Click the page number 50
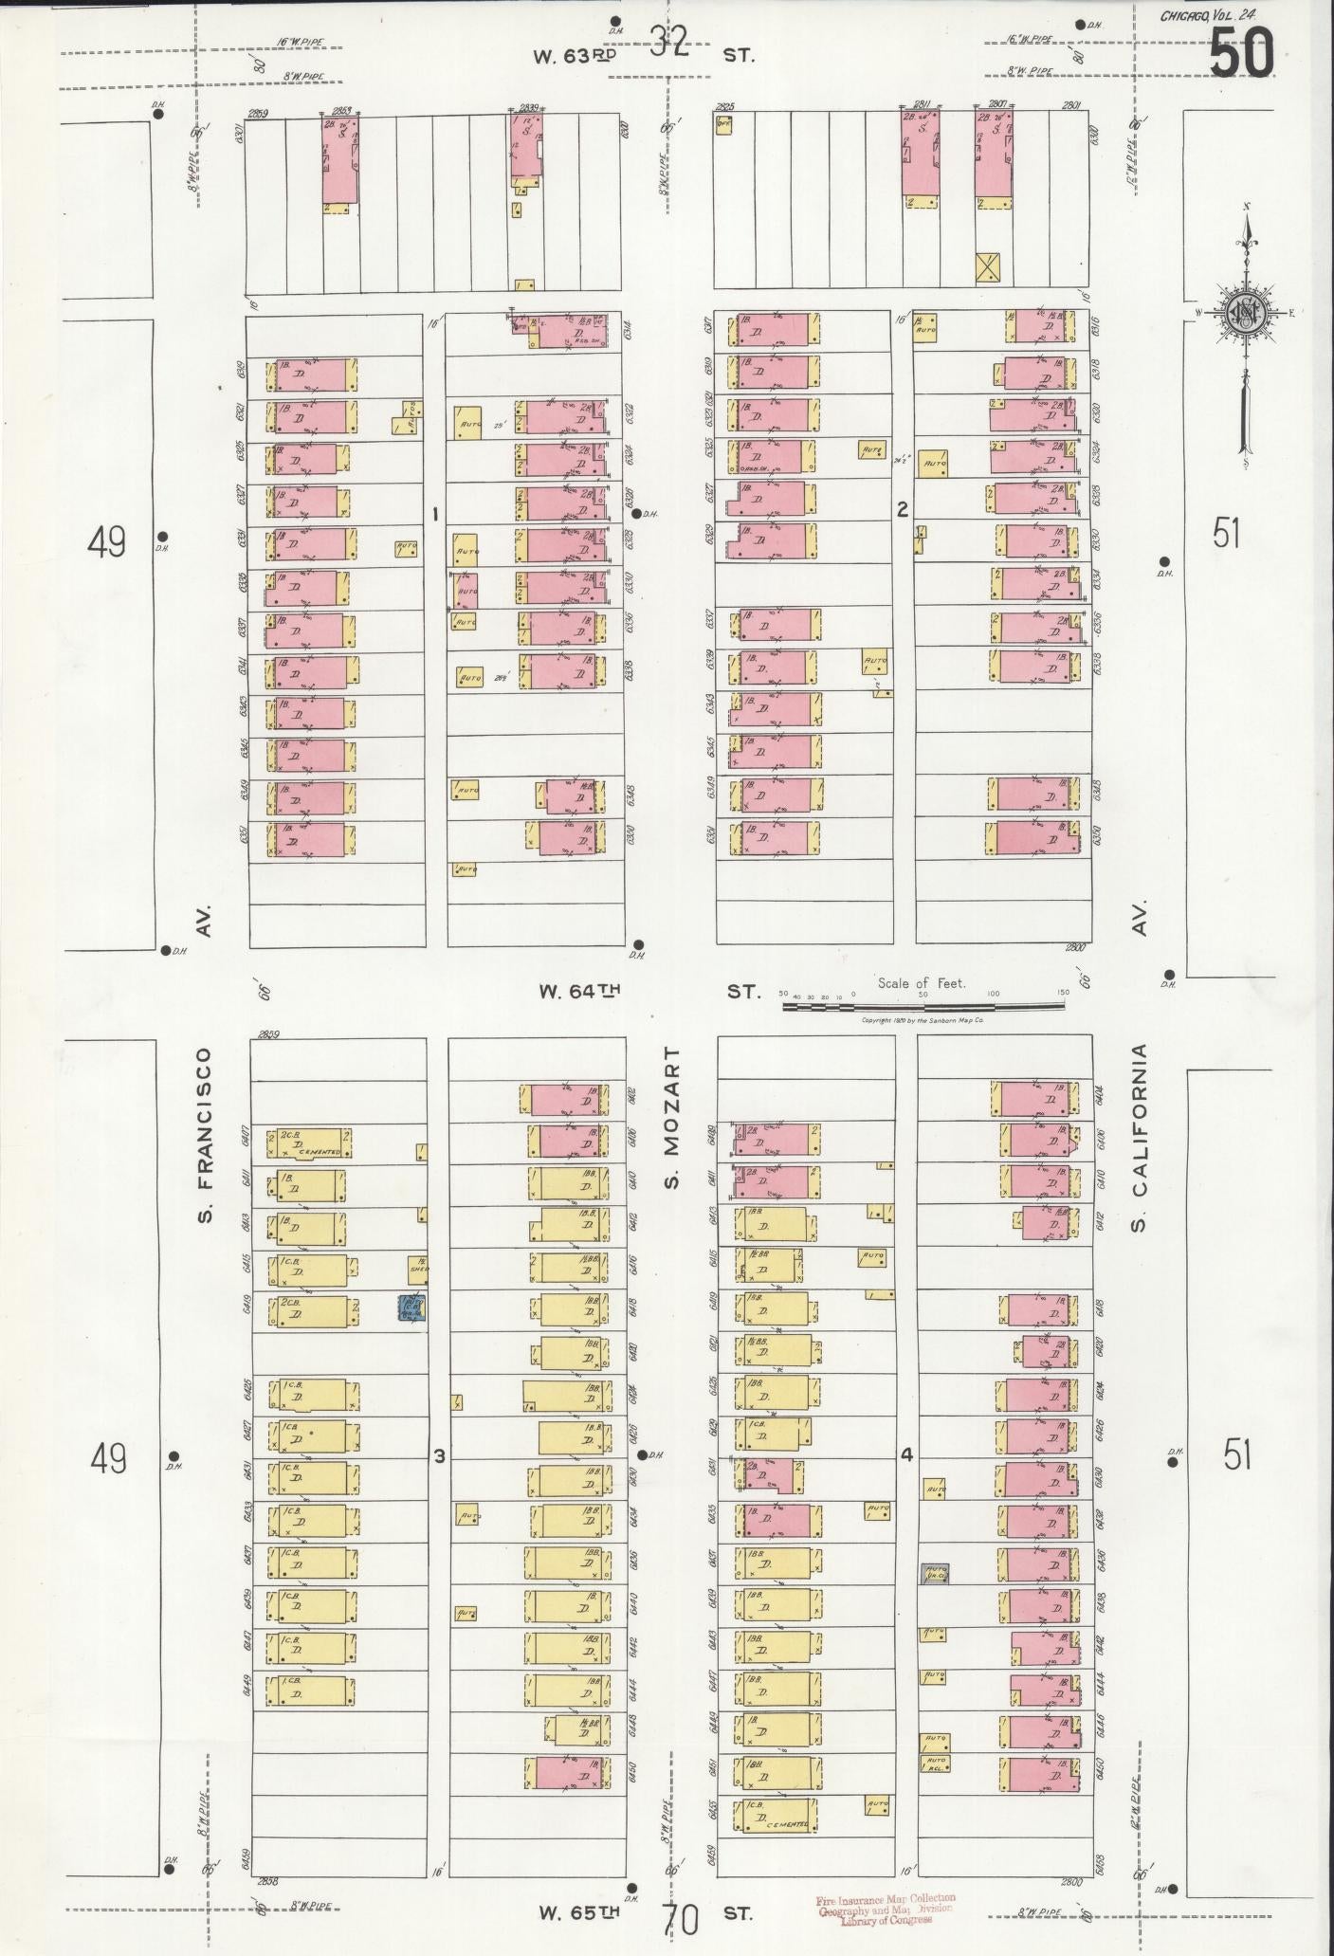1241,53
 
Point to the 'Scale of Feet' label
921,983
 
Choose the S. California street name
1139,1138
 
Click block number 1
434,514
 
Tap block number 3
439,1456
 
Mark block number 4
905,1455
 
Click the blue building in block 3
411,1307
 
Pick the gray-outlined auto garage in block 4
936,1574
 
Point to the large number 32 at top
669,42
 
